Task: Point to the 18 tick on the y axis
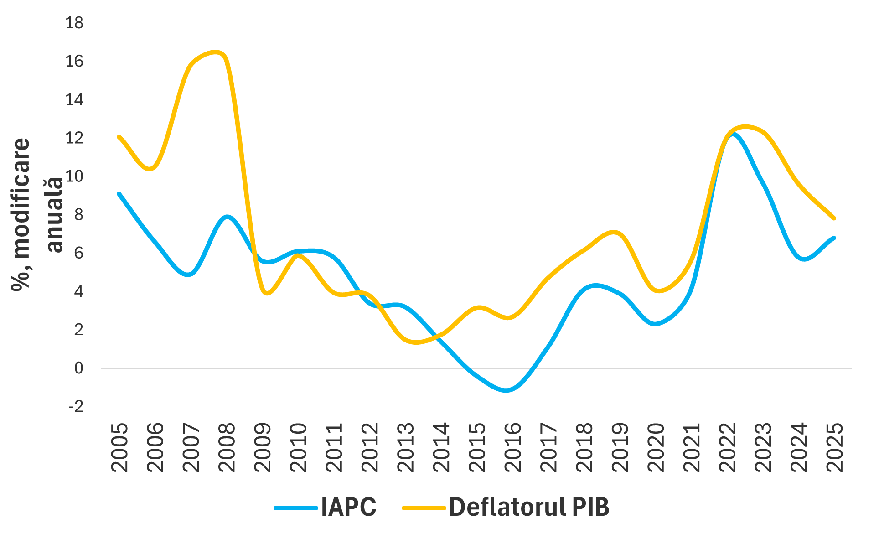pyautogui.click(x=74, y=23)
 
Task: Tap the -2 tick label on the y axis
pyautogui.click(x=76, y=406)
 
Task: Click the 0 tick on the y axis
pyautogui.click(x=79, y=368)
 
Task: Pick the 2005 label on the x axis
pyautogui.click(x=119, y=447)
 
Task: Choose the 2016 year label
pyautogui.click(x=513, y=447)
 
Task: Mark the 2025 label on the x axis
pyautogui.click(x=835, y=447)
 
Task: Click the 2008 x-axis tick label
pyautogui.click(x=227, y=447)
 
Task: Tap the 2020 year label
pyautogui.click(x=656, y=447)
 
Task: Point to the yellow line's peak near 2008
pyautogui.click(x=216, y=52)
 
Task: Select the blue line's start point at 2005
pyautogui.click(x=119, y=194)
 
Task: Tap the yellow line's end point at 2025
pyautogui.click(x=834, y=218)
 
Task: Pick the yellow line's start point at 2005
pyautogui.click(x=119, y=137)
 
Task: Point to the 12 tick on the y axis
pyautogui.click(x=74, y=138)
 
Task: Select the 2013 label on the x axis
pyautogui.click(x=406, y=447)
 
